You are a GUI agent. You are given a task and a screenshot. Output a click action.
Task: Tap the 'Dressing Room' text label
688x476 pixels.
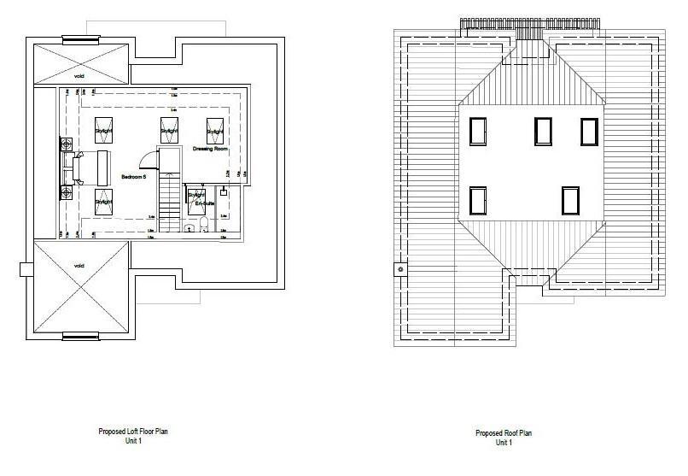pos(210,149)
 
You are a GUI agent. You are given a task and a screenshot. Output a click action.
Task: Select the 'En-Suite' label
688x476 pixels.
pos(205,204)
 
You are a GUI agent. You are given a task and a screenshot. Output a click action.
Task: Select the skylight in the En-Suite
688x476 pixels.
pos(195,197)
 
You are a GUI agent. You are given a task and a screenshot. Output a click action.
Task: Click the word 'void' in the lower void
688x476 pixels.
pos(79,265)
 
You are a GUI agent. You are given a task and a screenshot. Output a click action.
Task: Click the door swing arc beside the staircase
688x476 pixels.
pos(149,159)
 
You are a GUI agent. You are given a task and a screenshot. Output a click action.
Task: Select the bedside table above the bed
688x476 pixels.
pos(66,146)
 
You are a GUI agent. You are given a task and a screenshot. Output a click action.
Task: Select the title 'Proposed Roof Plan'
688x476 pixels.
pos(504,432)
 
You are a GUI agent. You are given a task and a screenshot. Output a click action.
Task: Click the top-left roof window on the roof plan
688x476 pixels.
pos(478,131)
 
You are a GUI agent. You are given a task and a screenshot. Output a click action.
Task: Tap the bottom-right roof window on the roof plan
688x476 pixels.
pos(570,200)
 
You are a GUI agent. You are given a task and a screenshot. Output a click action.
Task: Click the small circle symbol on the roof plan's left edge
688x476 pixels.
pos(398,270)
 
